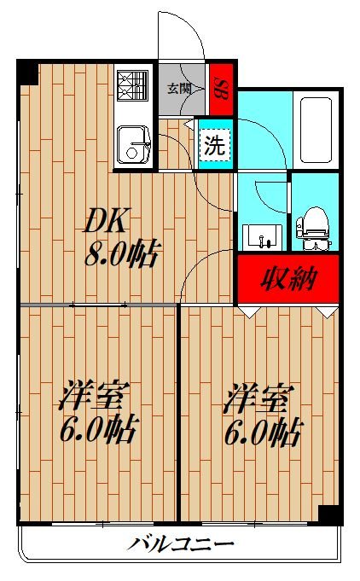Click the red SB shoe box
coord(221,87)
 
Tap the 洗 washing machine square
coord(213,144)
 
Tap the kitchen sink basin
coord(133,145)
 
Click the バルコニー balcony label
coord(181,543)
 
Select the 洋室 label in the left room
coord(94,398)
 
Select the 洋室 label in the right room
coord(259,398)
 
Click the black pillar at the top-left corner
coord(28,73)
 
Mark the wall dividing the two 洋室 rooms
coord(177,414)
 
